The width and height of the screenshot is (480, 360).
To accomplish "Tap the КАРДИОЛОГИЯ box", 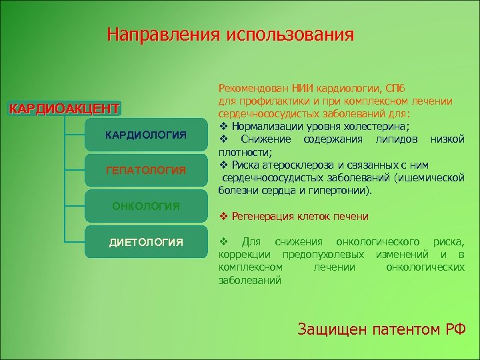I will point(146,136).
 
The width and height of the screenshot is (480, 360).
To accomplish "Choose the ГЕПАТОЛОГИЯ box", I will point(146,171).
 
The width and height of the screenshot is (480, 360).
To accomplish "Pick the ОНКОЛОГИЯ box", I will point(146,206).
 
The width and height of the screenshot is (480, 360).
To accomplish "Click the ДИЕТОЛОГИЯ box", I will point(146,241).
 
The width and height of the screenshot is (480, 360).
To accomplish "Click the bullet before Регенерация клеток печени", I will point(223,217).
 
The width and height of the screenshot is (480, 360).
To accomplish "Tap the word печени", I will point(351,217).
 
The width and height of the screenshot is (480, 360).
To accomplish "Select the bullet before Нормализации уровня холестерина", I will point(223,126).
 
